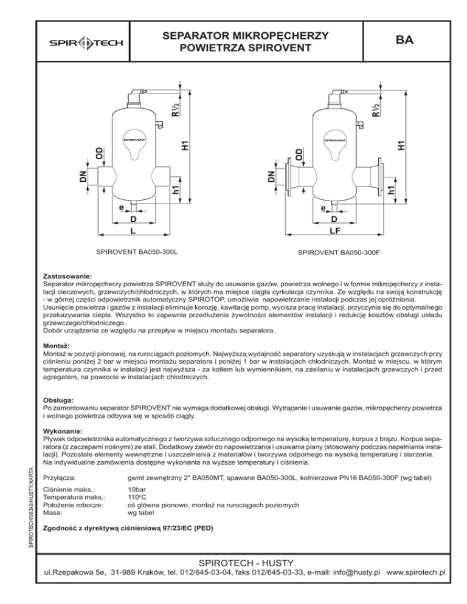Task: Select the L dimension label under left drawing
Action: (132, 232)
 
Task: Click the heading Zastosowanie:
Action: (67, 276)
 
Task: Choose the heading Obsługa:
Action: (60, 401)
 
